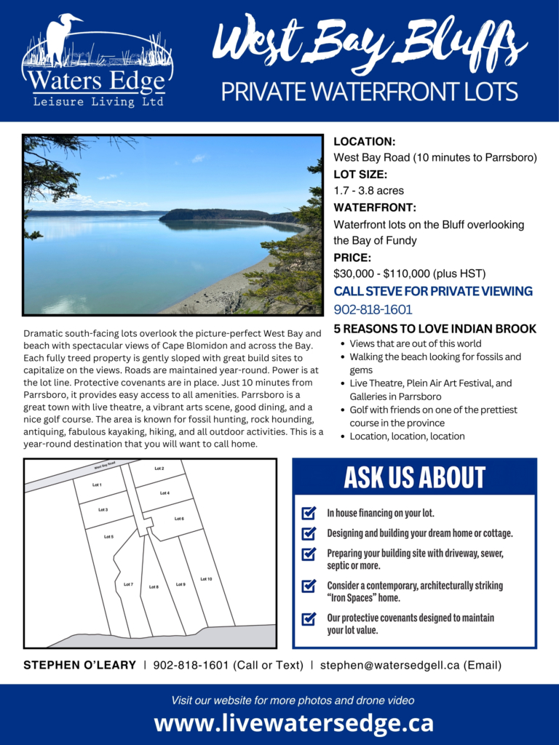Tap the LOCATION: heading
(x=364, y=142)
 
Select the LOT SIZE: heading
(x=360, y=175)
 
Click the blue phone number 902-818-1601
(x=373, y=309)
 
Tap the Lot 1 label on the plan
(x=97, y=485)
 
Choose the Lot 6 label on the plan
(x=179, y=519)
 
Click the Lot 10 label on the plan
(x=206, y=579)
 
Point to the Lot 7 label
(x=128, y=584)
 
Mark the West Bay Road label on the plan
(x=105, y=466)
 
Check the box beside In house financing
(x=309, y=514)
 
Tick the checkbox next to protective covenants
(x=309, y=618)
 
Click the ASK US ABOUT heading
(x=414, y=477)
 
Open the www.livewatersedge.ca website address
(x=293, y=723)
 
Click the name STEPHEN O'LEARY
(x=80, y=665)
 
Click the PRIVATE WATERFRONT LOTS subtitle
(x=369, y=92)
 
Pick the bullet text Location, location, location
(x=407, y=436)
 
